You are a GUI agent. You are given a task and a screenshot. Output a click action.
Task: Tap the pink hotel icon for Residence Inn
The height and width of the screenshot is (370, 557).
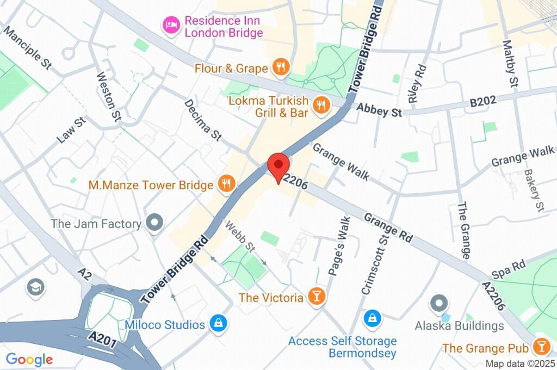point(171,26)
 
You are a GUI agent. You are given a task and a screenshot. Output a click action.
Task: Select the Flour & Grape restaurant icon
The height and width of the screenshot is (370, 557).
point(281,68)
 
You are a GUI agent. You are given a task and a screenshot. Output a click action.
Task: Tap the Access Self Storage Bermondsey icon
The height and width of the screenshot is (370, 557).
point(372,318)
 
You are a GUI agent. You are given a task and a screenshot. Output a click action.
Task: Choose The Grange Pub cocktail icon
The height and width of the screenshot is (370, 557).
point(541,347)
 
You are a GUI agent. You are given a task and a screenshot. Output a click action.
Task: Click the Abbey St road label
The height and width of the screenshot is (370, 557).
point(379,111)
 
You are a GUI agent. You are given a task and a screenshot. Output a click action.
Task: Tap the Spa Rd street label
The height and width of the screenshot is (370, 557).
point(508,269)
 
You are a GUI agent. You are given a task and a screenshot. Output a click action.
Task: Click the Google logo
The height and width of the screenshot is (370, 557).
point(29,359)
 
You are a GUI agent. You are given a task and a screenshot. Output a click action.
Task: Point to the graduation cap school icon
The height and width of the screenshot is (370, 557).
point(35,287)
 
